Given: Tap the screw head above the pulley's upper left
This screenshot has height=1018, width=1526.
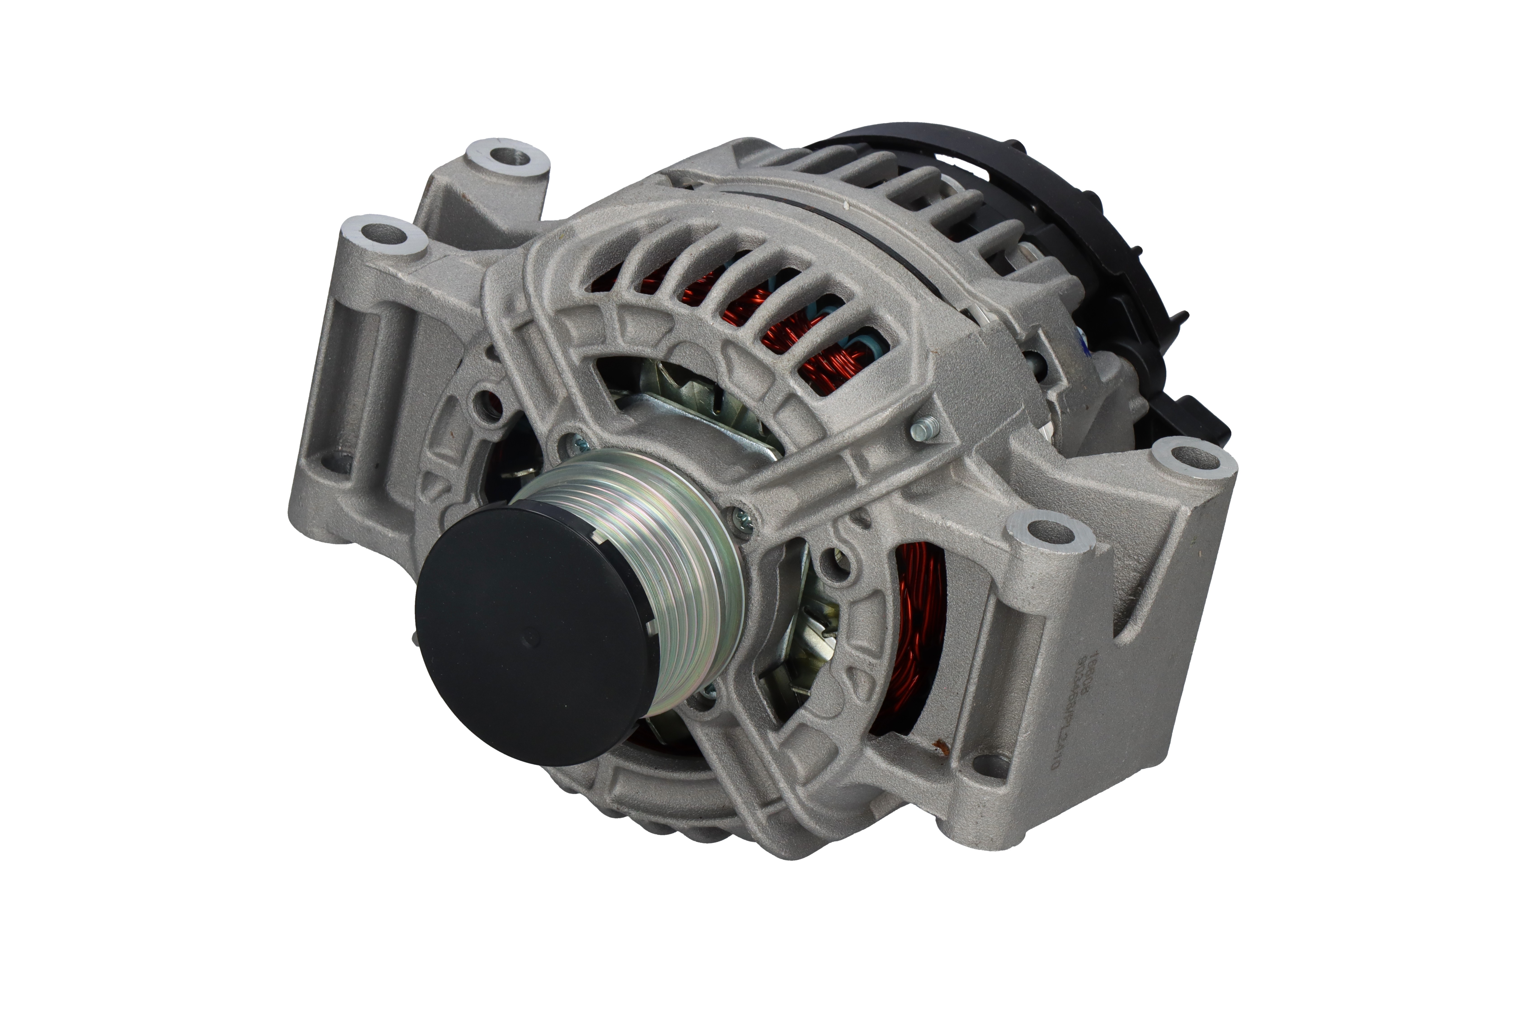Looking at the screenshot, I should coord(573,443).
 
